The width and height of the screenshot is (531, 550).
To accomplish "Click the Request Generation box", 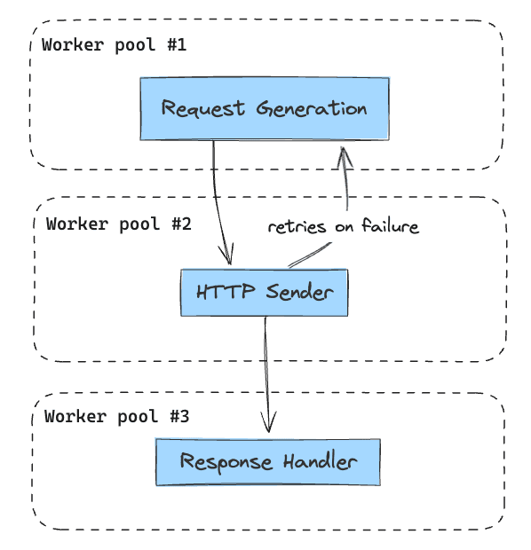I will (265, 108).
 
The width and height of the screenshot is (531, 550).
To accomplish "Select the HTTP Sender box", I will (264, 293).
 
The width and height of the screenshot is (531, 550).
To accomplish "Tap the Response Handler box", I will (268, 462).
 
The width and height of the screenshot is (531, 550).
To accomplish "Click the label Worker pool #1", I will (115, 45).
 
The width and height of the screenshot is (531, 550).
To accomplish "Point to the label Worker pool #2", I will (118, 224).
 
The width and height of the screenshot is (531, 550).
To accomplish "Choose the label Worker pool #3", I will (116, 416).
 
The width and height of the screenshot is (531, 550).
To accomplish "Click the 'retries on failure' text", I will (343, 227).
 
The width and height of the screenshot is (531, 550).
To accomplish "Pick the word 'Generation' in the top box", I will (312, 109).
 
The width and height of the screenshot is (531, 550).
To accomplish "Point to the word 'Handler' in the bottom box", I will (321, 462).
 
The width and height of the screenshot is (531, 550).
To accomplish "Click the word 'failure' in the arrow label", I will (388, 227).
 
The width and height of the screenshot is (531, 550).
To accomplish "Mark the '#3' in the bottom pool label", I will (178, 416).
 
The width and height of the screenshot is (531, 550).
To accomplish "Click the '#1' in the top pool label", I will (176, 45).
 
